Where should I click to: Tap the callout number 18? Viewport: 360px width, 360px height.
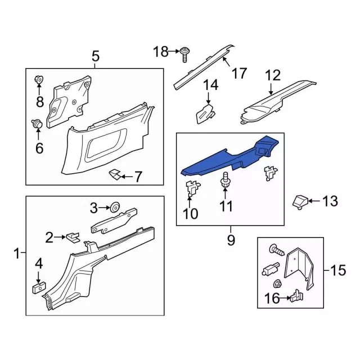coord(161,52)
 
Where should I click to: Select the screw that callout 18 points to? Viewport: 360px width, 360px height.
coord(184,54)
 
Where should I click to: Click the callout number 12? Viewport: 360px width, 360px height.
coord(273,75)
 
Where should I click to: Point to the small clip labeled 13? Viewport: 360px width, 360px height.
coord(300,202)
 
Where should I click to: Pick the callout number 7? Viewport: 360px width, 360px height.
coord(138,177)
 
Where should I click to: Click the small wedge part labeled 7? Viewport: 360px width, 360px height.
coord(115,174)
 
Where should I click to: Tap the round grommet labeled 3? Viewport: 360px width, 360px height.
coord(115,208)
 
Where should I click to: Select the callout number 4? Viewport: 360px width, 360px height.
coord(39,263)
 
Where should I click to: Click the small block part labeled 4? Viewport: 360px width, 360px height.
coord(38,288)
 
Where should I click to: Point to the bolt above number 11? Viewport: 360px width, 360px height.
coord(225,179)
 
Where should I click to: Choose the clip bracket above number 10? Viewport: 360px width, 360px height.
coord(192,188)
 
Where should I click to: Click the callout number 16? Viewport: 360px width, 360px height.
coord(272,298)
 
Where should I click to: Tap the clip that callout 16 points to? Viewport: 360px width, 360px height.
coord(296,296)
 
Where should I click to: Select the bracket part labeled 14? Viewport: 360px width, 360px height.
coord(205,113)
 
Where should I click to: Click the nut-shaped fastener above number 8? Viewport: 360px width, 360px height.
coord(39,80)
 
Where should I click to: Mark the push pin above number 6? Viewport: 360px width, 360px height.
coord(37,124)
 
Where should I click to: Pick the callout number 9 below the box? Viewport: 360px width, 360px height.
coord(231,240)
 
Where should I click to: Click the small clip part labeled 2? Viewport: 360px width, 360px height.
coord(73,237)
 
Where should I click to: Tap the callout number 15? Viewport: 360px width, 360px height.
coord(338,270)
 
